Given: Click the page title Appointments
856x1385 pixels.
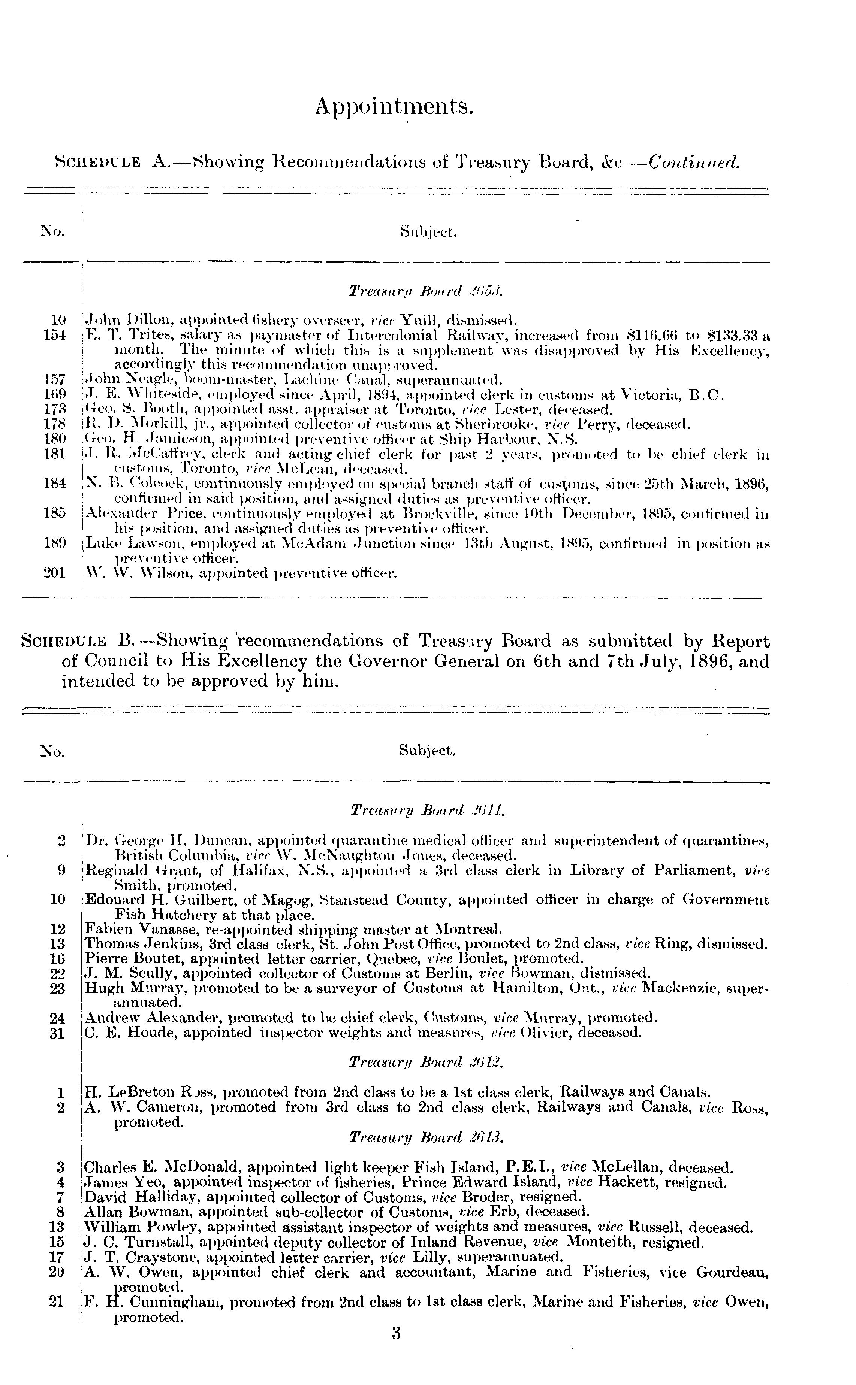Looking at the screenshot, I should [x=394, y=106].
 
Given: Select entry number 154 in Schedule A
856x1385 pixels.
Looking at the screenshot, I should [x=55, y=335].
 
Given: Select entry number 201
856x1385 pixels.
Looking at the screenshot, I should [x=55, y=573].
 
